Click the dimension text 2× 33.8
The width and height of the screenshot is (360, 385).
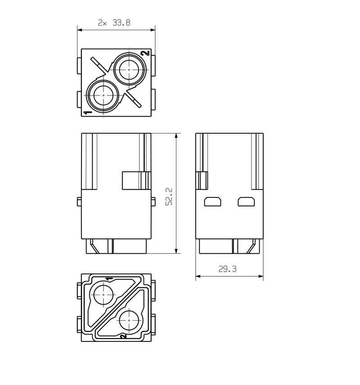coord(114,23)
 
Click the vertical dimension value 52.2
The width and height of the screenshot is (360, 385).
coord(169,197)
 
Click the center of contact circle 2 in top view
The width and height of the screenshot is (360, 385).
coord(129,70)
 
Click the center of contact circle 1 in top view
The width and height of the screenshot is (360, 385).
coord(103,95)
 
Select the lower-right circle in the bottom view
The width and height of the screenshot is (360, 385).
coord(129,320)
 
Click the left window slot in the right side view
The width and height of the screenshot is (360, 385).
coord(213,202)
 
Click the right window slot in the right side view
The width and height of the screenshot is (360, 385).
coord(247,202)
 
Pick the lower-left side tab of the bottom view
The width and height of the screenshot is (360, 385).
coord(79,324)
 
